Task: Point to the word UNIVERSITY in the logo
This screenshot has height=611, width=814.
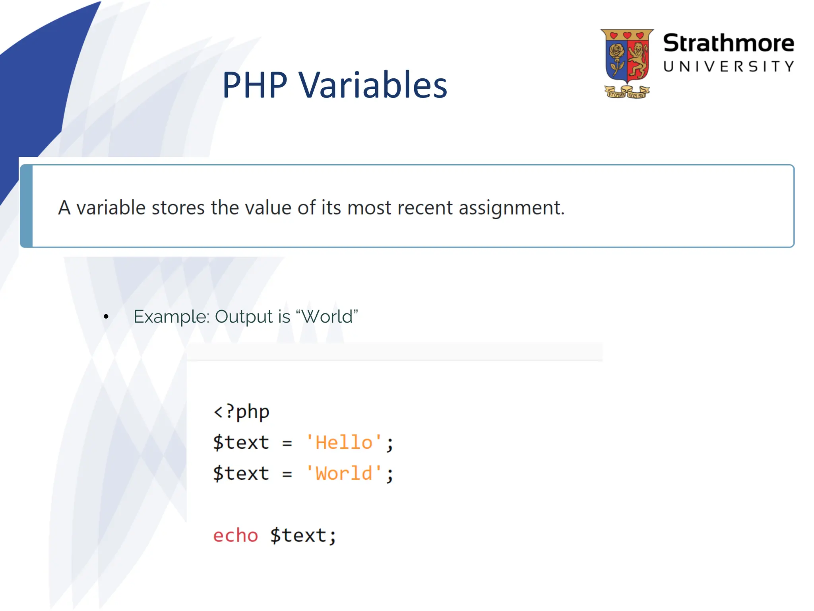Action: click(728, 66)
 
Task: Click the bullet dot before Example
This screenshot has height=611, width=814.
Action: click(106, 317)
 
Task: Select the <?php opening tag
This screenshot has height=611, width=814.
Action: click(241, 411)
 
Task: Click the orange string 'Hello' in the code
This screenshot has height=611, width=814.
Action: click(344, 442)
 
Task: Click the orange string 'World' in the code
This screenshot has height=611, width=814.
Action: click(344, 473)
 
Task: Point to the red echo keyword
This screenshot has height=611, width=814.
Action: click(235, 535)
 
